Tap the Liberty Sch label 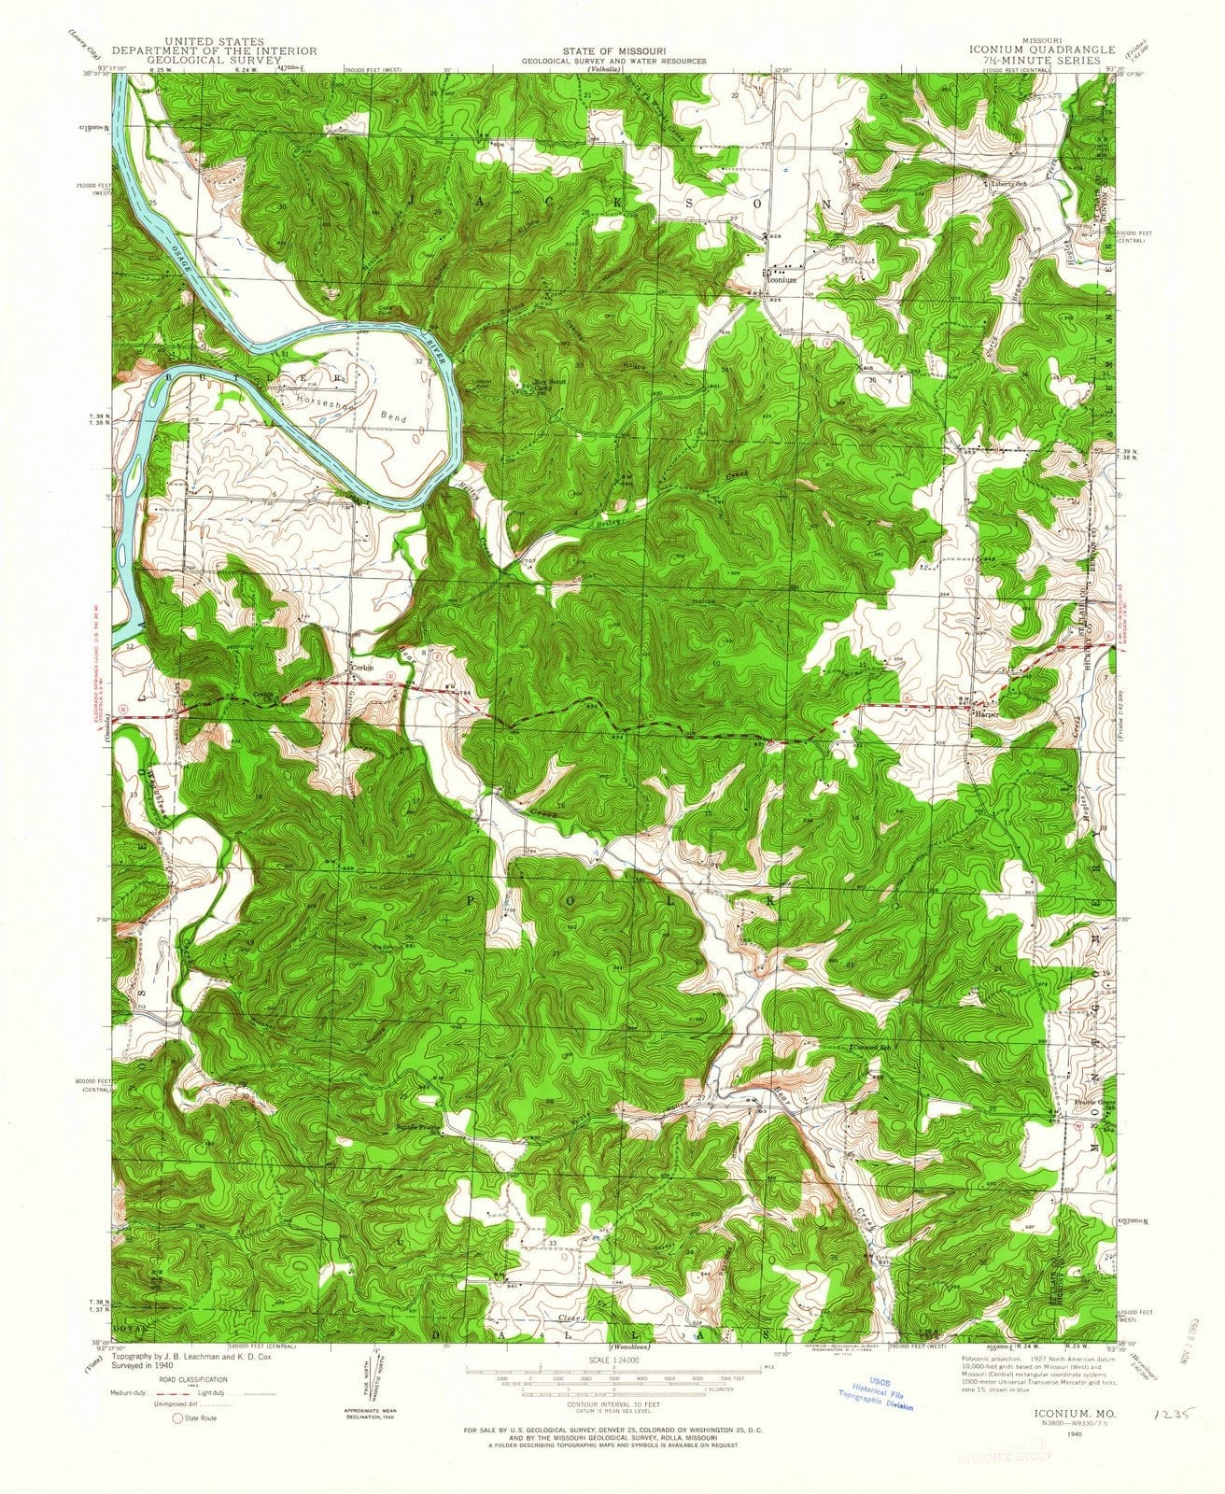tap(1008, 184)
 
